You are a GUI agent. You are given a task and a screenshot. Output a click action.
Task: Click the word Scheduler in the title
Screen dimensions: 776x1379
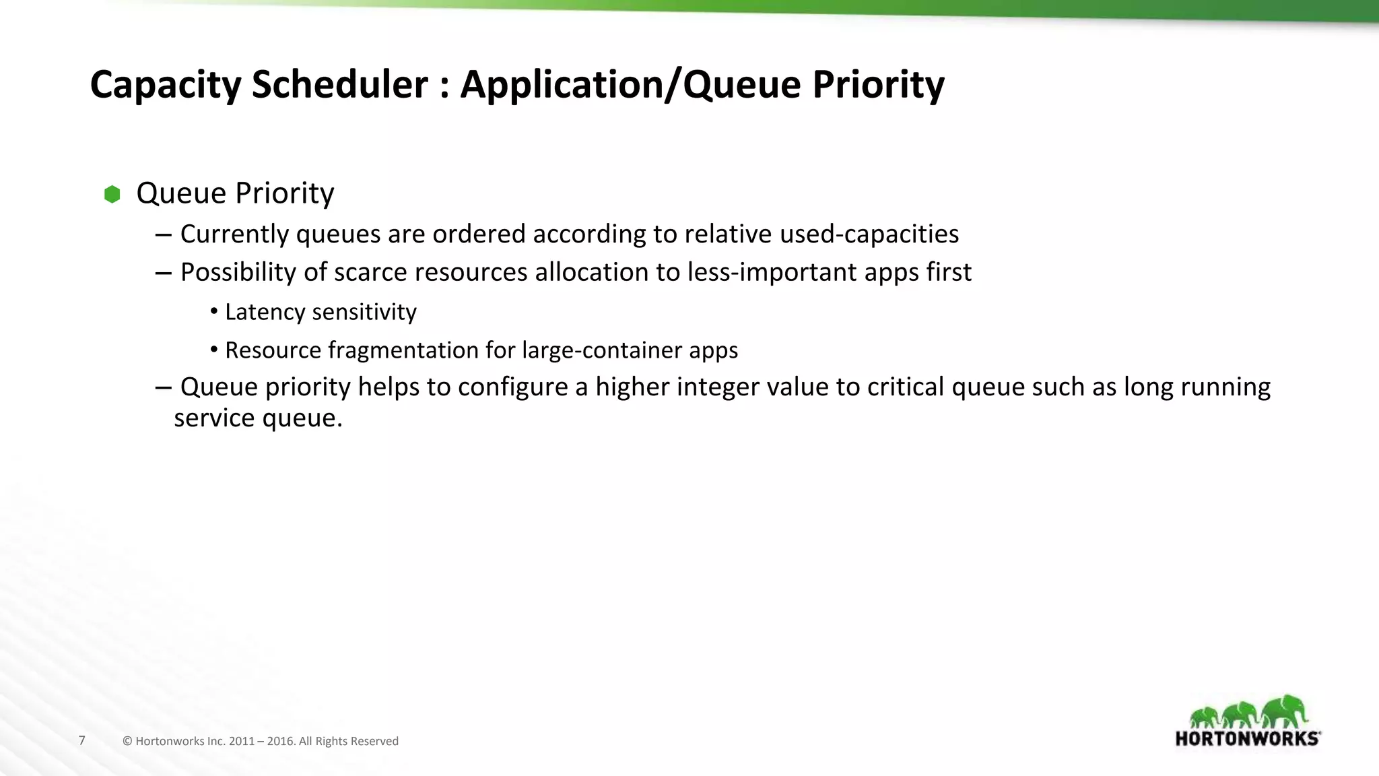pos(339,85)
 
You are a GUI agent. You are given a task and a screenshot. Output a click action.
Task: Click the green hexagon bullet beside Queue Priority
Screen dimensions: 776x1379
pos(112,195)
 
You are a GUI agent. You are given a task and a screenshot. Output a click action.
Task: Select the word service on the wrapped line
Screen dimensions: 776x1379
pos(214,418)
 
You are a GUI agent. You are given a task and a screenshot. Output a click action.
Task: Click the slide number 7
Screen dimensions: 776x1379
pos(82,741)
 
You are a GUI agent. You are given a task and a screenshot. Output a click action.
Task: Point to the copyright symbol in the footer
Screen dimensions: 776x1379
pos(127,742)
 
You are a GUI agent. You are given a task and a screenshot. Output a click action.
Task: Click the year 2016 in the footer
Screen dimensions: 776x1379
pos(281,742)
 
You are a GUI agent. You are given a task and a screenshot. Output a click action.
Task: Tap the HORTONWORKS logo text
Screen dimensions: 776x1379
pos(1247,739)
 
